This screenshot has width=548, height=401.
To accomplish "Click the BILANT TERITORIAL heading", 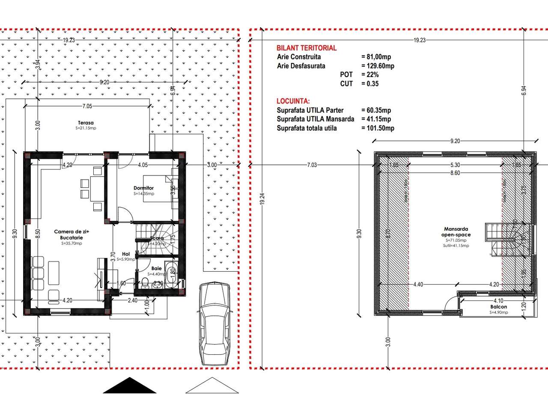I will tap(307, 48).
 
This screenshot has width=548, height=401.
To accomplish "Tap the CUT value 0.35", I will tap(370, 83).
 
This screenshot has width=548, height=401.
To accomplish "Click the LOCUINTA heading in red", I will tap(293, 101).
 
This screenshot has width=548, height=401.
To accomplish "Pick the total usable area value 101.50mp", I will tap(378, 128).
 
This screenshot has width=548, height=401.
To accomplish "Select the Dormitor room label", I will tap(143, 188).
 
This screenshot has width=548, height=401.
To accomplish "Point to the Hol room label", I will tap(125, 253).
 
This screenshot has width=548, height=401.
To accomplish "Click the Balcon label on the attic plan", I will tap(499, 307).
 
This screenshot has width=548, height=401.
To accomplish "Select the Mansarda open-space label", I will tap(456, 232).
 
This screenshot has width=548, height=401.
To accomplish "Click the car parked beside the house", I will tap(216, 324).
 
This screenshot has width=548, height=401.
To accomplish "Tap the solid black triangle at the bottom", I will tap(130, 386).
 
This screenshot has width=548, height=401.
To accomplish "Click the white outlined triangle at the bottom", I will tap(212, 386).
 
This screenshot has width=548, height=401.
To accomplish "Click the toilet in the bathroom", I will tap(146, 282).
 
